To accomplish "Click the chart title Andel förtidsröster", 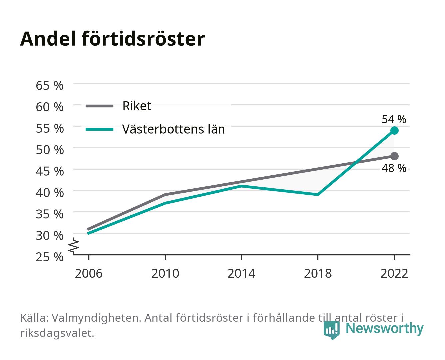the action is (x=112, y=39).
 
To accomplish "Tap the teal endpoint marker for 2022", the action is (x=394, y=131).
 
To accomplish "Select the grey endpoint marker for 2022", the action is (x=394, y=156).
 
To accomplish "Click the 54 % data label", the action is (x=394, y=119).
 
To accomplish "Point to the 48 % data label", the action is (x=394, y=168).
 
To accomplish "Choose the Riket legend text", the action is (x=137, y=106).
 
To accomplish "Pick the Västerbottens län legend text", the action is (x=174, y=129).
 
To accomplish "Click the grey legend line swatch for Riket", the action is (x=100, y=106).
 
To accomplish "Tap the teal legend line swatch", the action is (x=100, y=129).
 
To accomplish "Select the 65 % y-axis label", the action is (x=50, y=86).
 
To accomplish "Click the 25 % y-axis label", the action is (x=50, y=257).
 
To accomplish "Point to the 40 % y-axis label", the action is (x=50, y=193).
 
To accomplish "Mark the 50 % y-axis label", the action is (x=50, y=150).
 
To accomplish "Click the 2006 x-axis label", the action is (x=89, y=273).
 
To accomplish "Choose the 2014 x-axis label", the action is (x=241, y=273).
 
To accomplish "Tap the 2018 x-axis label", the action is (x=318, y=273).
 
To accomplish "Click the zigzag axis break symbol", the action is (x=74, y=246).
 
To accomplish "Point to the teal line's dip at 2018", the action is (x=318, y=195).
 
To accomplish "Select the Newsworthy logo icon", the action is (x=331, y=330).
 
